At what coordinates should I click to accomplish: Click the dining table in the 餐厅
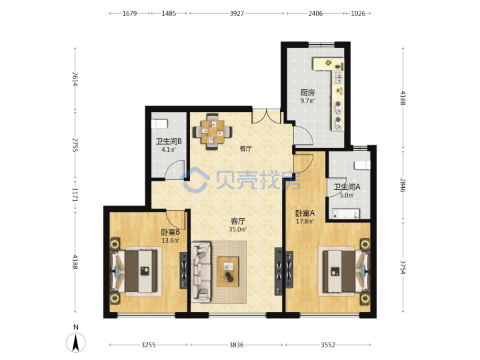tap(213, 131)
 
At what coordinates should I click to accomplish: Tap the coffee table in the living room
tap(228, 272)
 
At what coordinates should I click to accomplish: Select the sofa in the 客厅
tap(201, 272)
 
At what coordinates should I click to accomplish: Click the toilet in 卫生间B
tap(159, 124)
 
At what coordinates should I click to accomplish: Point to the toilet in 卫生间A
tap(362, 165)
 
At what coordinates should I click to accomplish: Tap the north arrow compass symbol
tap(75, 342)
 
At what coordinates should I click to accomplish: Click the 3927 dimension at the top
tap(237, 13)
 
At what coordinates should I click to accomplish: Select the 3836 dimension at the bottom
tap(236, 345)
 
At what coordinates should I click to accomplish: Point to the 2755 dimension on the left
tap(75, 145)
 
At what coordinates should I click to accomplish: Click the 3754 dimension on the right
tap(403, 267)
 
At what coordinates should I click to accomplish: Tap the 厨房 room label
tap(307, 93)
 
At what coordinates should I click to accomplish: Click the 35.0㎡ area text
tap(238, 229)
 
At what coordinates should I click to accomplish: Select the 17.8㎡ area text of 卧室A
tap(305, 221)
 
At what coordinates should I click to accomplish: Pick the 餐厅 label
tap(245, 149)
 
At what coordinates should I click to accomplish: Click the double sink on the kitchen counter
tap(338, 78)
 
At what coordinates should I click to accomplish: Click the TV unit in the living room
tap(279, 271)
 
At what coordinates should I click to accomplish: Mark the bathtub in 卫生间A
tap(346, 213)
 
